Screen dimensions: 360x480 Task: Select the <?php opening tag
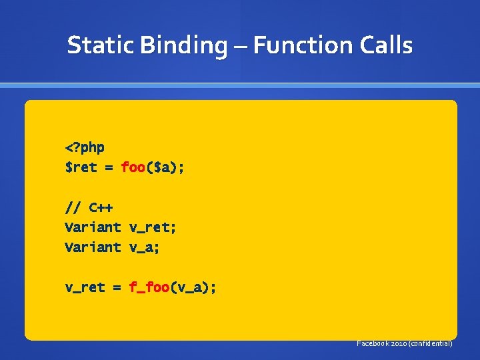[85, 147]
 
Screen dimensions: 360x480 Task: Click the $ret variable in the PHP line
[81, 167]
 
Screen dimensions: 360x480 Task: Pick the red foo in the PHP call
[133, 167]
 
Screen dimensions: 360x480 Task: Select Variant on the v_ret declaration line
[93, 227]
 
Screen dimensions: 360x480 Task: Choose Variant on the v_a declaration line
[93, 247]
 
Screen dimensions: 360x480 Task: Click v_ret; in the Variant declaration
[153, 228]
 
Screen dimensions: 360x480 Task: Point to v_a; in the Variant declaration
[145, 248]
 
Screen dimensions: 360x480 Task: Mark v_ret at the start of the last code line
[85, 288]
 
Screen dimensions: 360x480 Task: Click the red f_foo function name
[149, 287]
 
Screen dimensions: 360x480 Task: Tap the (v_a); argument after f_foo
[193, 288]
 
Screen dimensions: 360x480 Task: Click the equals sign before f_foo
[117, 288]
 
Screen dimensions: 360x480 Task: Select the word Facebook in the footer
[373, 343]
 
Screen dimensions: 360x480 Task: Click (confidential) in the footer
[431, 343]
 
